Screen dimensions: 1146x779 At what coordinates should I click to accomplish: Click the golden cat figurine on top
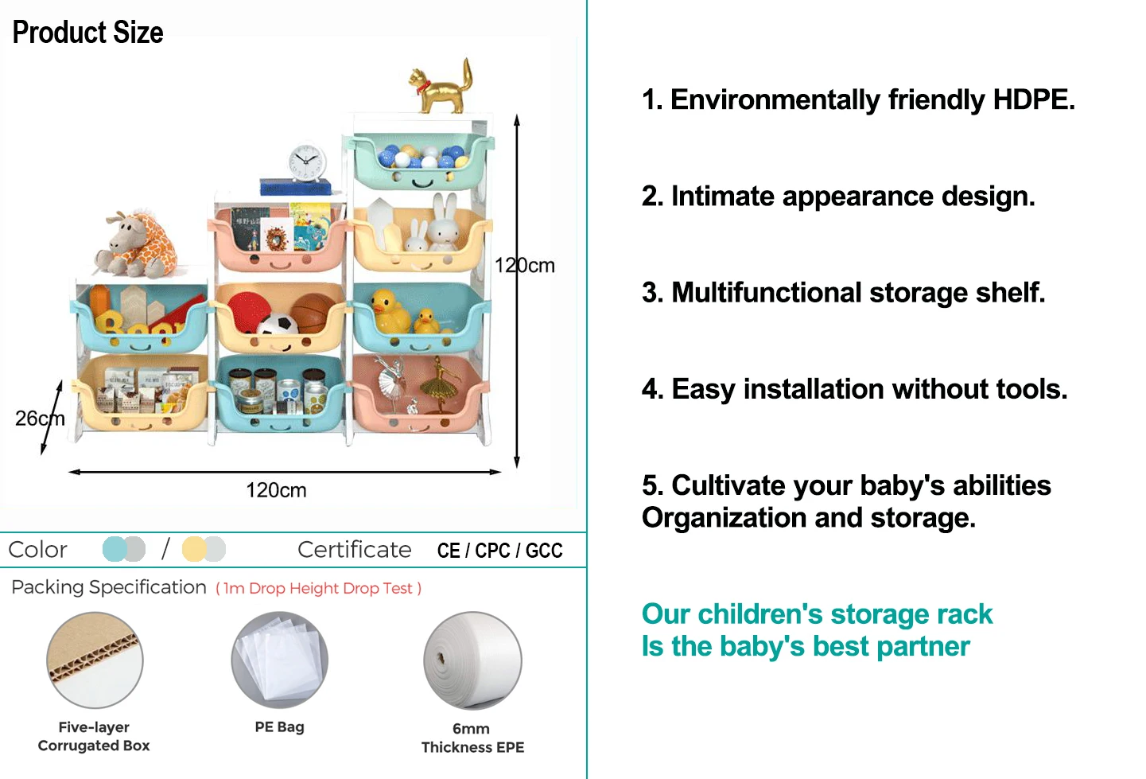(x=441, y=88)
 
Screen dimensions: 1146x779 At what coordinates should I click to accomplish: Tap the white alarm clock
(x=306, y=163)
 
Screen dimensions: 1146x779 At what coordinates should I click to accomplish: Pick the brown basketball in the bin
(x=313, y=312)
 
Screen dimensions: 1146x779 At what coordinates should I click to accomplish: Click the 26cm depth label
(x=40, y=419)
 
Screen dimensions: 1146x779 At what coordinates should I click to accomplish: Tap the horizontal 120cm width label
(x=276, y=490)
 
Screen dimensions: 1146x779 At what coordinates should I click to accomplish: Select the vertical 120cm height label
(x=524, y=265)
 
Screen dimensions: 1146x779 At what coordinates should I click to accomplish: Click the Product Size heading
(x=88, y=33)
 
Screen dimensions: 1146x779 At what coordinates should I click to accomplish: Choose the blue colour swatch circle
(x=115, y=549)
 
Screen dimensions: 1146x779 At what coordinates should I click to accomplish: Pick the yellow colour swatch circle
(x=194, y=549)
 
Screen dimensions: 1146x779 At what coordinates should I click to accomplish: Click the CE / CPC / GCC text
(x=500, y=551)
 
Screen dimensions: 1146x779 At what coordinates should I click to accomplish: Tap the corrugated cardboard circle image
(x=95, y=660)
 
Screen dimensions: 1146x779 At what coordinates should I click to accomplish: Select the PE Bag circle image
(x=279, y=660)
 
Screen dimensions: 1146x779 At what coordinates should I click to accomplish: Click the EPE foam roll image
(x=472, y=660)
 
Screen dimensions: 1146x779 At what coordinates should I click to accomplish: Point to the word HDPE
(x=1033, y=99)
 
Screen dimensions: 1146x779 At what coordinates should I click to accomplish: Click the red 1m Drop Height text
(x=318, y=589)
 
